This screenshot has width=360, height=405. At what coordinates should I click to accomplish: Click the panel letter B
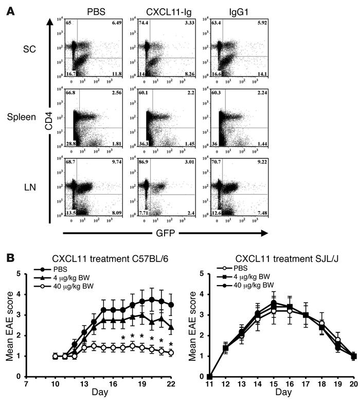click(10, 254)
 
